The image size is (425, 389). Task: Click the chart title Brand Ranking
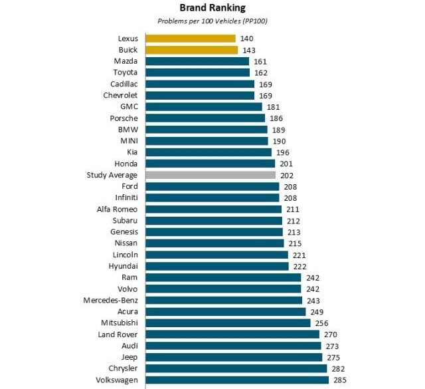(212, 8)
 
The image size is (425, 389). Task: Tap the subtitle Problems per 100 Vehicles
(212, 21)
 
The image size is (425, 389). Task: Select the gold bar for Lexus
(190, 39)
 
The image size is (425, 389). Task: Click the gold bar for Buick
(191, 50)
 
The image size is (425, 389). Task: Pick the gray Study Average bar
(211, 175)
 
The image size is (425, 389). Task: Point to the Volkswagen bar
(237, 380)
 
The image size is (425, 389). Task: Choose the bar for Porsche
(205, 118)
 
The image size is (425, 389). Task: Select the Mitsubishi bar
(228, 323)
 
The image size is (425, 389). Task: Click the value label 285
(339, 380)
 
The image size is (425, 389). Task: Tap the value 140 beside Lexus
(247, 39)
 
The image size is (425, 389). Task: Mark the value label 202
(287, 175)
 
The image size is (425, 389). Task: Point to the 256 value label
(321, 323)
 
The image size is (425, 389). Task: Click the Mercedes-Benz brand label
(110, 301)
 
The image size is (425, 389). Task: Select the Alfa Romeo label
(117, 209)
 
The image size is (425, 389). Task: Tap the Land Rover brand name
(118, 334)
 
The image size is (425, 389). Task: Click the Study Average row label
(112, 175)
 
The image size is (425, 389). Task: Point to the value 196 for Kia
(283, 152)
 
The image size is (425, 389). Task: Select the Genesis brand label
(124, 232)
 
